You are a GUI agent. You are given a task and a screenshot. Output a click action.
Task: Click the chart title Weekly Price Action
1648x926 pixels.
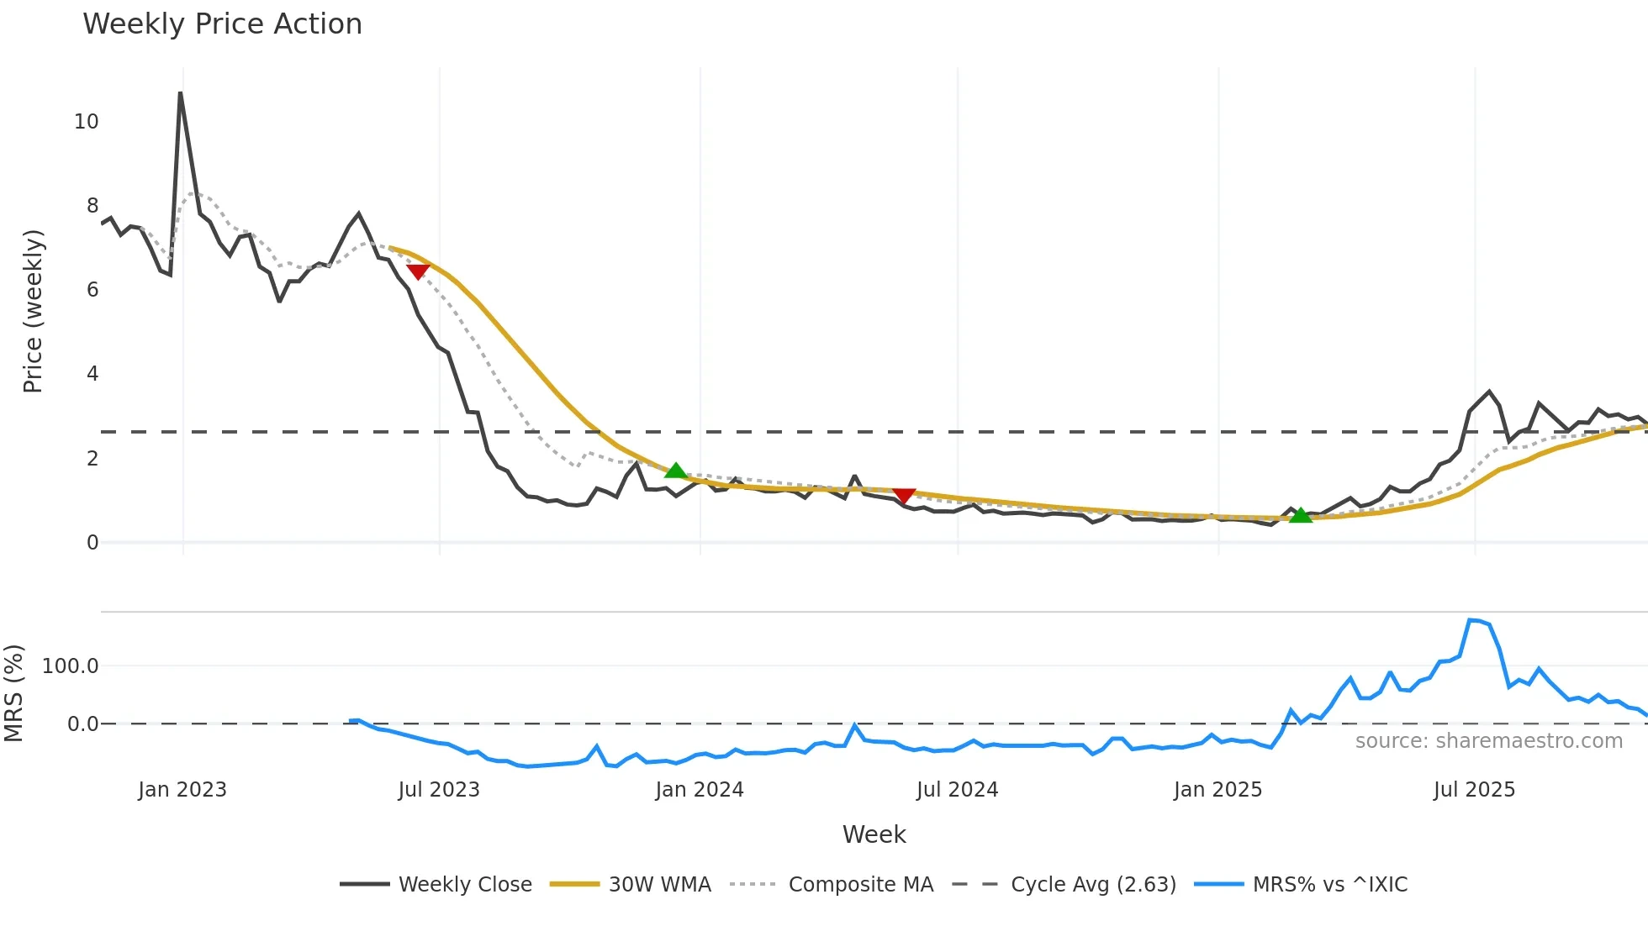click(x=222, y=24)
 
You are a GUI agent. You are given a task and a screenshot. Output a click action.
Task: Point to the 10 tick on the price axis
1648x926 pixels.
click(x=87, y=122)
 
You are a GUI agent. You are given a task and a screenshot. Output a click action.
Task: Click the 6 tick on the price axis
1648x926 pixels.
click(x=92, y=290)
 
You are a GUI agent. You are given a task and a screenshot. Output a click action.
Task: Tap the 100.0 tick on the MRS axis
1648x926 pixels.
click(x=71, y=666)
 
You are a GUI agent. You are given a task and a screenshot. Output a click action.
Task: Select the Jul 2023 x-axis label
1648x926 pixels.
click(x=439, y=790)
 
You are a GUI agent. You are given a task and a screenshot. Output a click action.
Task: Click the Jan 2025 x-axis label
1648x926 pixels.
click(x=1218, y=790)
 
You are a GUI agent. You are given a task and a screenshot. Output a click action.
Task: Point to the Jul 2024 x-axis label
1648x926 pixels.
click(x=957, y=790)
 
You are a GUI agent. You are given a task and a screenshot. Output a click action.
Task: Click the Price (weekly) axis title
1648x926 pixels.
click(x=33, y=311)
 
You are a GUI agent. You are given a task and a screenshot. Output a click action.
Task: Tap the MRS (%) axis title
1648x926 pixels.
click(x=14, y=693)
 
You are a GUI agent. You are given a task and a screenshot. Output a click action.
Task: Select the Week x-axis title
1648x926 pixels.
click(x=874, y=834)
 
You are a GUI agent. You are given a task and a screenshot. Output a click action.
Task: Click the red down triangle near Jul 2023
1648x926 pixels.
click(x=418, y=271)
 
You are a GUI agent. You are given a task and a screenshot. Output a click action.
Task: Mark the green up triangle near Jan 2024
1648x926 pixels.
click(x=675, y=471)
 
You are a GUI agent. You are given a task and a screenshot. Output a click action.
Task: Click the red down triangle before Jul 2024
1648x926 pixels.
click(x=904, y=496)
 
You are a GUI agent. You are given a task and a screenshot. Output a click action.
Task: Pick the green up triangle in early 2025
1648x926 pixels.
click(x=1300, y=515)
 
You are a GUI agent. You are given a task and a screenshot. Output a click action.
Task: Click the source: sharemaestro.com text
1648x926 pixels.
click(x=1488, y=740)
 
